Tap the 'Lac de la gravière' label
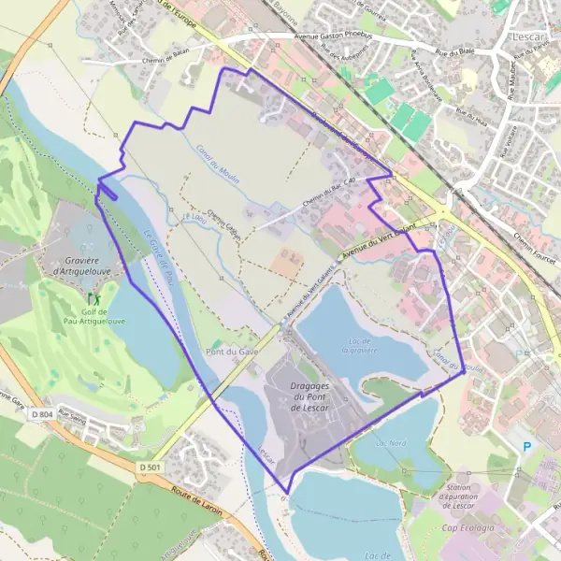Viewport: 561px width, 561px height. pyautogui.click(x=357, y=346)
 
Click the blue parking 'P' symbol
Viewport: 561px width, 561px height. pyautogui.click(x=526, y=447)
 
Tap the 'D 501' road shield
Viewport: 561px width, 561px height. pyautogui.click(x=151, y=466)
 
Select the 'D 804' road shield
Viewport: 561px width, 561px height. pyautogui.click(x=41, y=413)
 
